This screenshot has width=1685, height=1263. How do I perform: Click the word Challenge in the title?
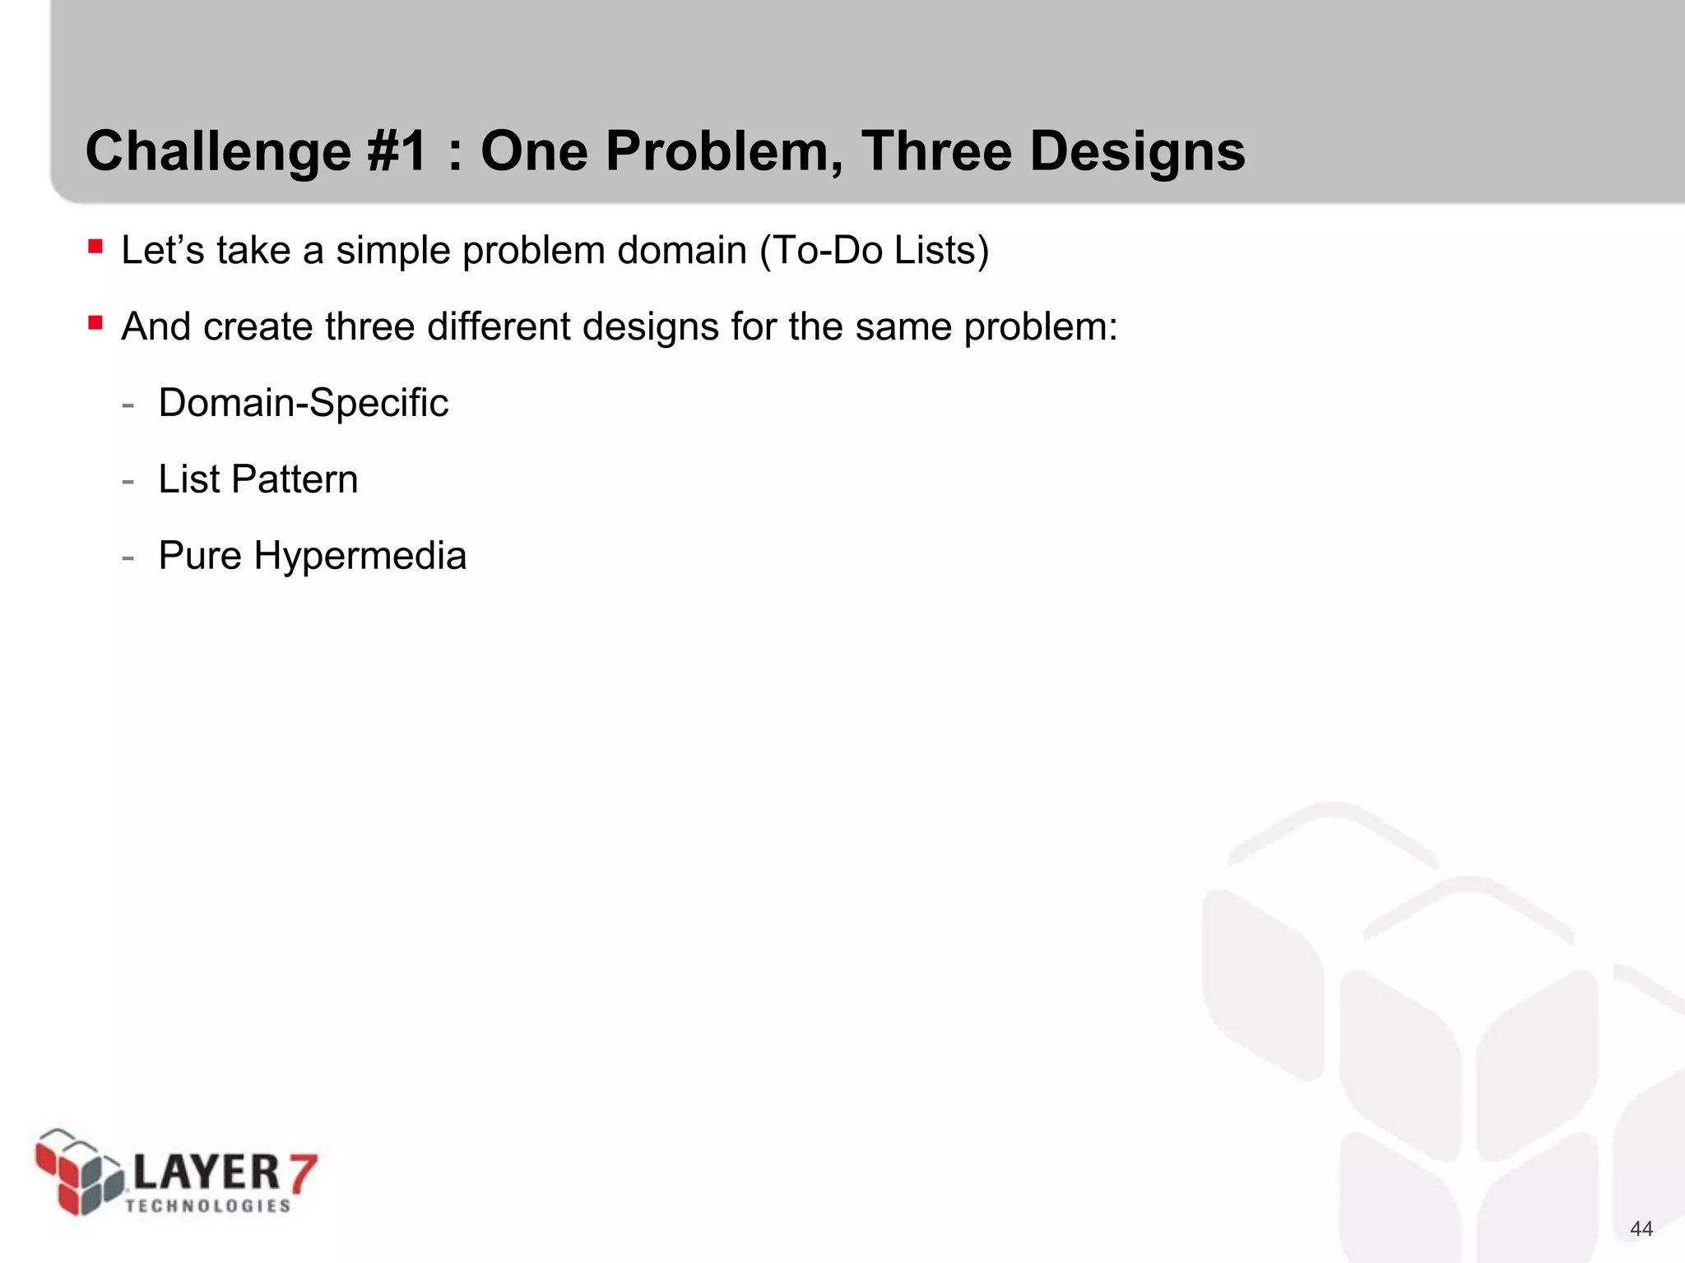[218, 153]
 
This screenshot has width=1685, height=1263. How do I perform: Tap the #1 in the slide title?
[397, 151]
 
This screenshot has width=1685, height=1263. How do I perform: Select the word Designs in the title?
[1137, 153]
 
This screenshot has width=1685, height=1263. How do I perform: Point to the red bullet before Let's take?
[95, 246]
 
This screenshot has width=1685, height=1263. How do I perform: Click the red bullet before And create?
[95, 322]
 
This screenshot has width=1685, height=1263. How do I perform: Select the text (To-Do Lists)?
[874, 250]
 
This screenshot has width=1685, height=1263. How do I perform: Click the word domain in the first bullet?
[681, 250]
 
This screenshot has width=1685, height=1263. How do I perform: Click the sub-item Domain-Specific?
[303, 403]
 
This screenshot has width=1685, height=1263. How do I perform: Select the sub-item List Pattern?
[258, 479]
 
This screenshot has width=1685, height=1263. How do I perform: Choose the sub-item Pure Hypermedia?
[312, 556]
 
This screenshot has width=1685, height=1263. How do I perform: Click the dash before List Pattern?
[128, 480]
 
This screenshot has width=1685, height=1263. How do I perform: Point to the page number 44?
[1641, 1228]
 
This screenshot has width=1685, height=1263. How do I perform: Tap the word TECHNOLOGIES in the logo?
[208, 1206]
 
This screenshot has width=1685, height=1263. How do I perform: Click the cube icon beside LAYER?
[78, 1173]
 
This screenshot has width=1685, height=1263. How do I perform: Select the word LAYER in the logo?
[206, 1172]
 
